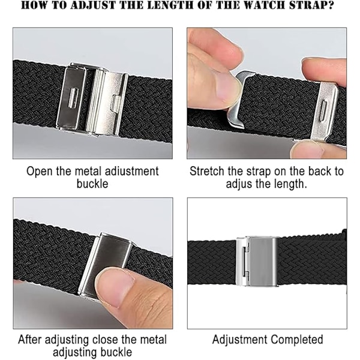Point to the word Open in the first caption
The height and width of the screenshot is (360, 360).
[40, 172]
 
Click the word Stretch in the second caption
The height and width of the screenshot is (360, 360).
[206, 172]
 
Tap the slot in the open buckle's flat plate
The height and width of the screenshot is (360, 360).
[73, 98]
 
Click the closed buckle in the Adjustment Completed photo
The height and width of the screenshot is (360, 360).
[257, 262]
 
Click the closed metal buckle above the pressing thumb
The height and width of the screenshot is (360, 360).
[104, 264]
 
